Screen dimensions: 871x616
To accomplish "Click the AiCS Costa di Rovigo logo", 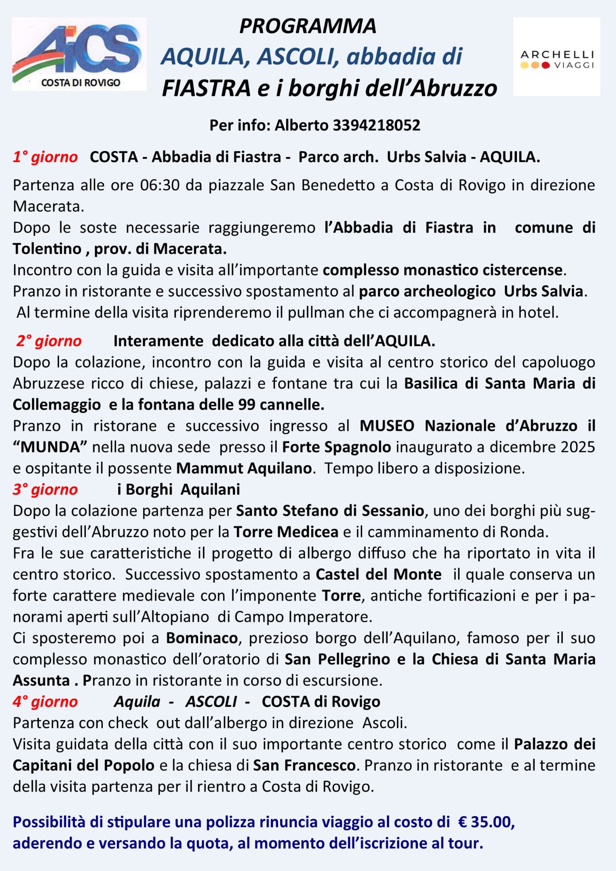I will point(79,54).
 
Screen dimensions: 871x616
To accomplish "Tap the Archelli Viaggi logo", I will point(557,57).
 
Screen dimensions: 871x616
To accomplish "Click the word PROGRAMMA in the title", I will point(308,26).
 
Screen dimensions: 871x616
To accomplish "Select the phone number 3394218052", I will point(376,125).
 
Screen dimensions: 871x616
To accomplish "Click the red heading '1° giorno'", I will point(45,157).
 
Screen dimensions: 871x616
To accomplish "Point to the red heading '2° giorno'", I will point(49,341).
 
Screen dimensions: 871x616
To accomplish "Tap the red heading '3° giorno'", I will point(45,490).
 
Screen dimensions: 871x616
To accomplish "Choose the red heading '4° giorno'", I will point(45,702).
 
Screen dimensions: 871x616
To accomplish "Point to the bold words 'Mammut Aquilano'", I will point(244,469).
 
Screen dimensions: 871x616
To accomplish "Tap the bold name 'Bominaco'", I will point(202,638).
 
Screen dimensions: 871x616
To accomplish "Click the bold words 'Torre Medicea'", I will point(286,532).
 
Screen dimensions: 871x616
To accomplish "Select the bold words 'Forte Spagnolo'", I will point(336,447).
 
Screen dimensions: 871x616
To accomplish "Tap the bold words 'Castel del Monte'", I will point(378,575).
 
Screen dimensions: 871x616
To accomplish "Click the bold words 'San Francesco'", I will point(304,766).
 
